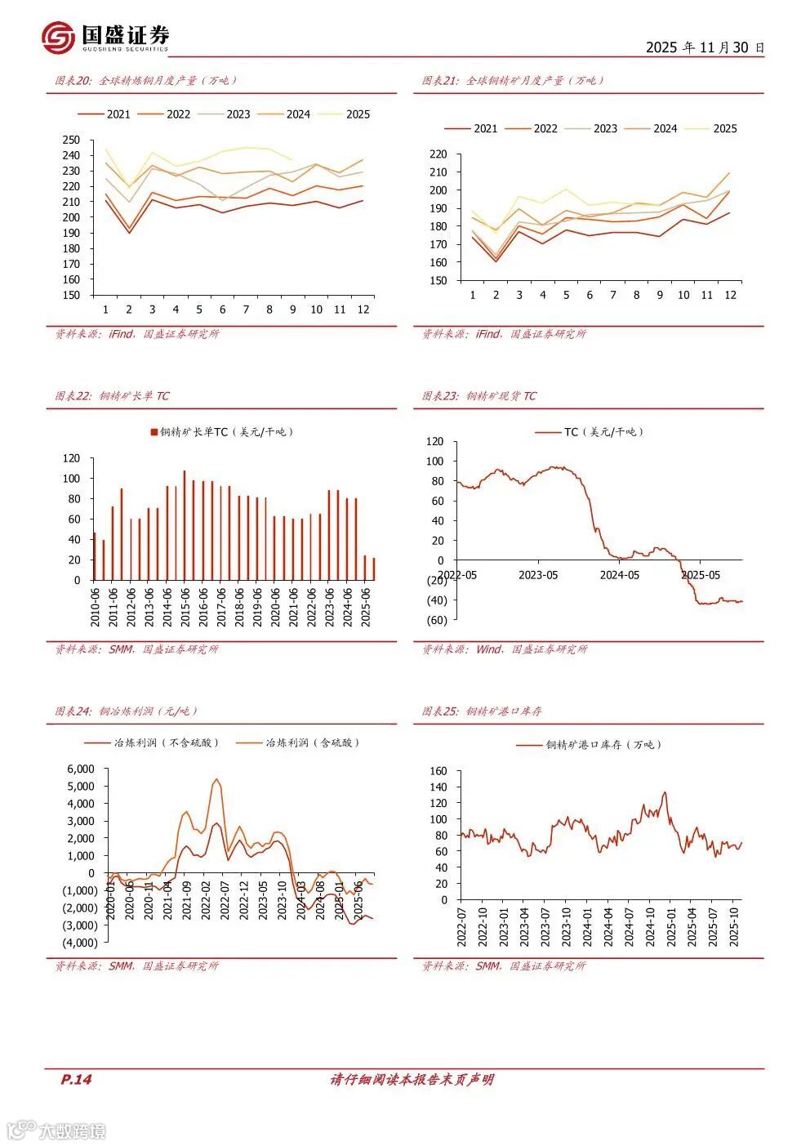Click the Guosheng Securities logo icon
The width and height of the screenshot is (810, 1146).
pos(59,37)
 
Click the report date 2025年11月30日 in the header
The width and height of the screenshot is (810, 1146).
pos(705,47)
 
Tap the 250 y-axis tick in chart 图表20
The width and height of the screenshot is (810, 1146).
pos(71,140)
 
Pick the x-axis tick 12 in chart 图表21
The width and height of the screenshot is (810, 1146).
pos(730,295)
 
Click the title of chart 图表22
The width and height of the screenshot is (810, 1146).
pos(112,396)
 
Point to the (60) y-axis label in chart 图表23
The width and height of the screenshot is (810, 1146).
pos(437,620)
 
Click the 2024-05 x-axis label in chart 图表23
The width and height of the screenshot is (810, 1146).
pos(619,575)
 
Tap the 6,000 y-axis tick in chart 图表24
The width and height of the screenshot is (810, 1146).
pos(81,769)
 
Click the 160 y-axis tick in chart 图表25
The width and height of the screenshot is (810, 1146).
pos(438,771)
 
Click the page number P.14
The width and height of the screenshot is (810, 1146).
pos(77,1080)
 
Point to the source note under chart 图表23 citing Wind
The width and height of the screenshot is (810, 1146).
pos(504,649)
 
